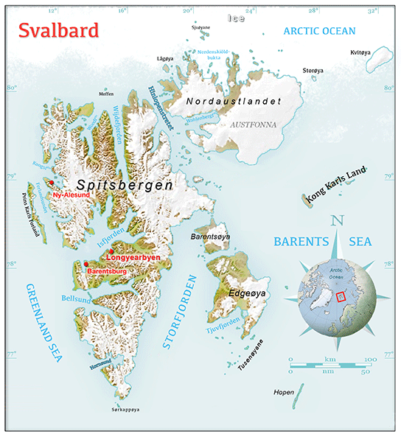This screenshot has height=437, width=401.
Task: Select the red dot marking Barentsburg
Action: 86,264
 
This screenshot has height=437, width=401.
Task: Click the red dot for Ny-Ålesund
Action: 51,183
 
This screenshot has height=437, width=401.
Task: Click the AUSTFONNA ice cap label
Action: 253,125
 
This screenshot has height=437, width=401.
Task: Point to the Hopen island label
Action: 283,392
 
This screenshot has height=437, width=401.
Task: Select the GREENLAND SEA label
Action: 42,322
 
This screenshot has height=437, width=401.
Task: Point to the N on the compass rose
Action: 338,220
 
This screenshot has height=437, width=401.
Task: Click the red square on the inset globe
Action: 340,297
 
